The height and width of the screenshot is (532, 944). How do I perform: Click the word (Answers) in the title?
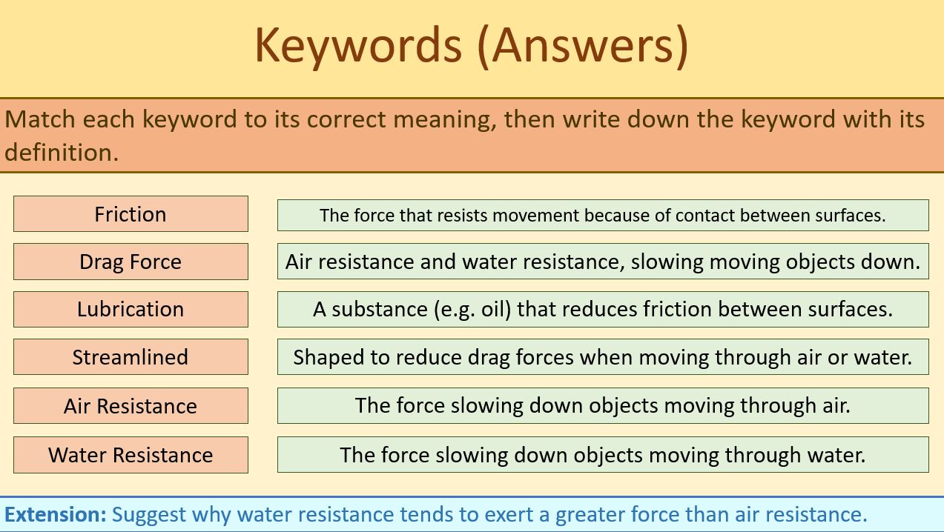click(x=590, y=44)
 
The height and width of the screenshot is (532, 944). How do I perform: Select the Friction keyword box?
click(x=131, y=214)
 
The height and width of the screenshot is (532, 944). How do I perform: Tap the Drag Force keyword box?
click(x=131, y=262)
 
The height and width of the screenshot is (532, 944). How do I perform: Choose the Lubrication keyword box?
click(x=131, y=309)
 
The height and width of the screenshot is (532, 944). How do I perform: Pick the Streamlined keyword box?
click(x=131, y=357)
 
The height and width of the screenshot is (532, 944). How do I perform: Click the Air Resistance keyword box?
click(x=131, y=406)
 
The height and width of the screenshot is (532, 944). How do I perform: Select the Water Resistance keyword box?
click(x=131, y=454)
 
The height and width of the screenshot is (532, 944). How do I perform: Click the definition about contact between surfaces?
click(x=602, y=215)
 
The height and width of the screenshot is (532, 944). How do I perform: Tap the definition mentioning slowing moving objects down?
click(x=602, y=262)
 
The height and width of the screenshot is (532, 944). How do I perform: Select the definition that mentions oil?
click(x=602, y=309)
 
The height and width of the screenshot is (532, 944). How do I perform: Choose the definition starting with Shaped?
click(x=602, y=357)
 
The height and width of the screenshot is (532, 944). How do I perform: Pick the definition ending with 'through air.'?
click(x=602, y=405)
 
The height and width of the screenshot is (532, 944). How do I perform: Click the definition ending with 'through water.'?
click(x=602, y=454)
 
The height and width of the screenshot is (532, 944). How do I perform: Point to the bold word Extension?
click(x=56, y=514)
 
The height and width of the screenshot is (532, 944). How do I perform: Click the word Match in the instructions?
click(x=41, y=119)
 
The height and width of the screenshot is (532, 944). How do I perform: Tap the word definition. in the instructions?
click(x=61, y=152)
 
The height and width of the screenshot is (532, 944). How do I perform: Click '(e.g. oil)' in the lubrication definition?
click(x=472, y=309)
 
